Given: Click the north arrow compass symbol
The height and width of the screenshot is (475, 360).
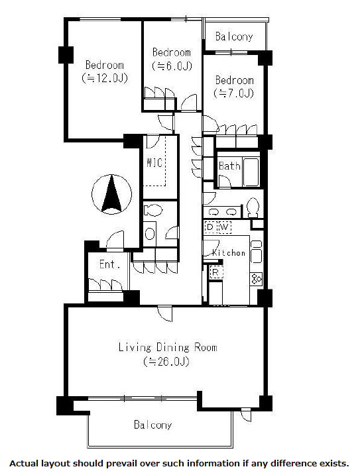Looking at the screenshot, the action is pos(111,194).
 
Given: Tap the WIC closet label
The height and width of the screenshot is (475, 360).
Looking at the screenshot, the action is pos(154,163).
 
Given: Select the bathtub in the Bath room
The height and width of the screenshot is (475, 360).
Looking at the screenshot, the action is pos(251,172).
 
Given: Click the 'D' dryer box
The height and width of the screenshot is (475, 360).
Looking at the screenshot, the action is pos(210,227).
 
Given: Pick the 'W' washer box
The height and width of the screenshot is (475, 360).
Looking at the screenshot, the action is pos(224,227).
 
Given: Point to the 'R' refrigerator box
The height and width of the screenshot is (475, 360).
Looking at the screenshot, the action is pos(215,272).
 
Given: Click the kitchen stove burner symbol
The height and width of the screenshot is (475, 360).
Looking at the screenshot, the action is pos(257,279).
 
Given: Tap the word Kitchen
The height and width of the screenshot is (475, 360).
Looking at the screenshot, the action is pos(228,252).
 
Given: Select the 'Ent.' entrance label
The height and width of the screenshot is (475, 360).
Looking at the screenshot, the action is pos(110,264).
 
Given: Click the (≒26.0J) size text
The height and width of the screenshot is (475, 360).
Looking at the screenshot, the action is pos(166,362).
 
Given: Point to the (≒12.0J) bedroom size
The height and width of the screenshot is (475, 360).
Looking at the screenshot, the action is pos(105,78).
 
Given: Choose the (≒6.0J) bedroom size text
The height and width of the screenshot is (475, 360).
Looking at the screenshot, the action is pos(172,66).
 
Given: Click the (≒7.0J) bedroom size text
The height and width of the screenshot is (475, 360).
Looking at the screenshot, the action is pos(233,93).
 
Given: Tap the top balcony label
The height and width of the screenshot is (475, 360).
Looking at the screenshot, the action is pos(234,36).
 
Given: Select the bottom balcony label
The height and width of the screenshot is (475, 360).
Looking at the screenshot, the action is pos(153,425).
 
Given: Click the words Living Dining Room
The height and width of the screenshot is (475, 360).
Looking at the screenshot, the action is pos(168,347).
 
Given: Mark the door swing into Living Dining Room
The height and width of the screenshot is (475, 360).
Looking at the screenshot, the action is pos(165,313).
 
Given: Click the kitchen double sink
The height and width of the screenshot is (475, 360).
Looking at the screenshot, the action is pos(257,252).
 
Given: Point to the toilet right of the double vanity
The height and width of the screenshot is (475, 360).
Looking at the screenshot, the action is pos(253,207).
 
